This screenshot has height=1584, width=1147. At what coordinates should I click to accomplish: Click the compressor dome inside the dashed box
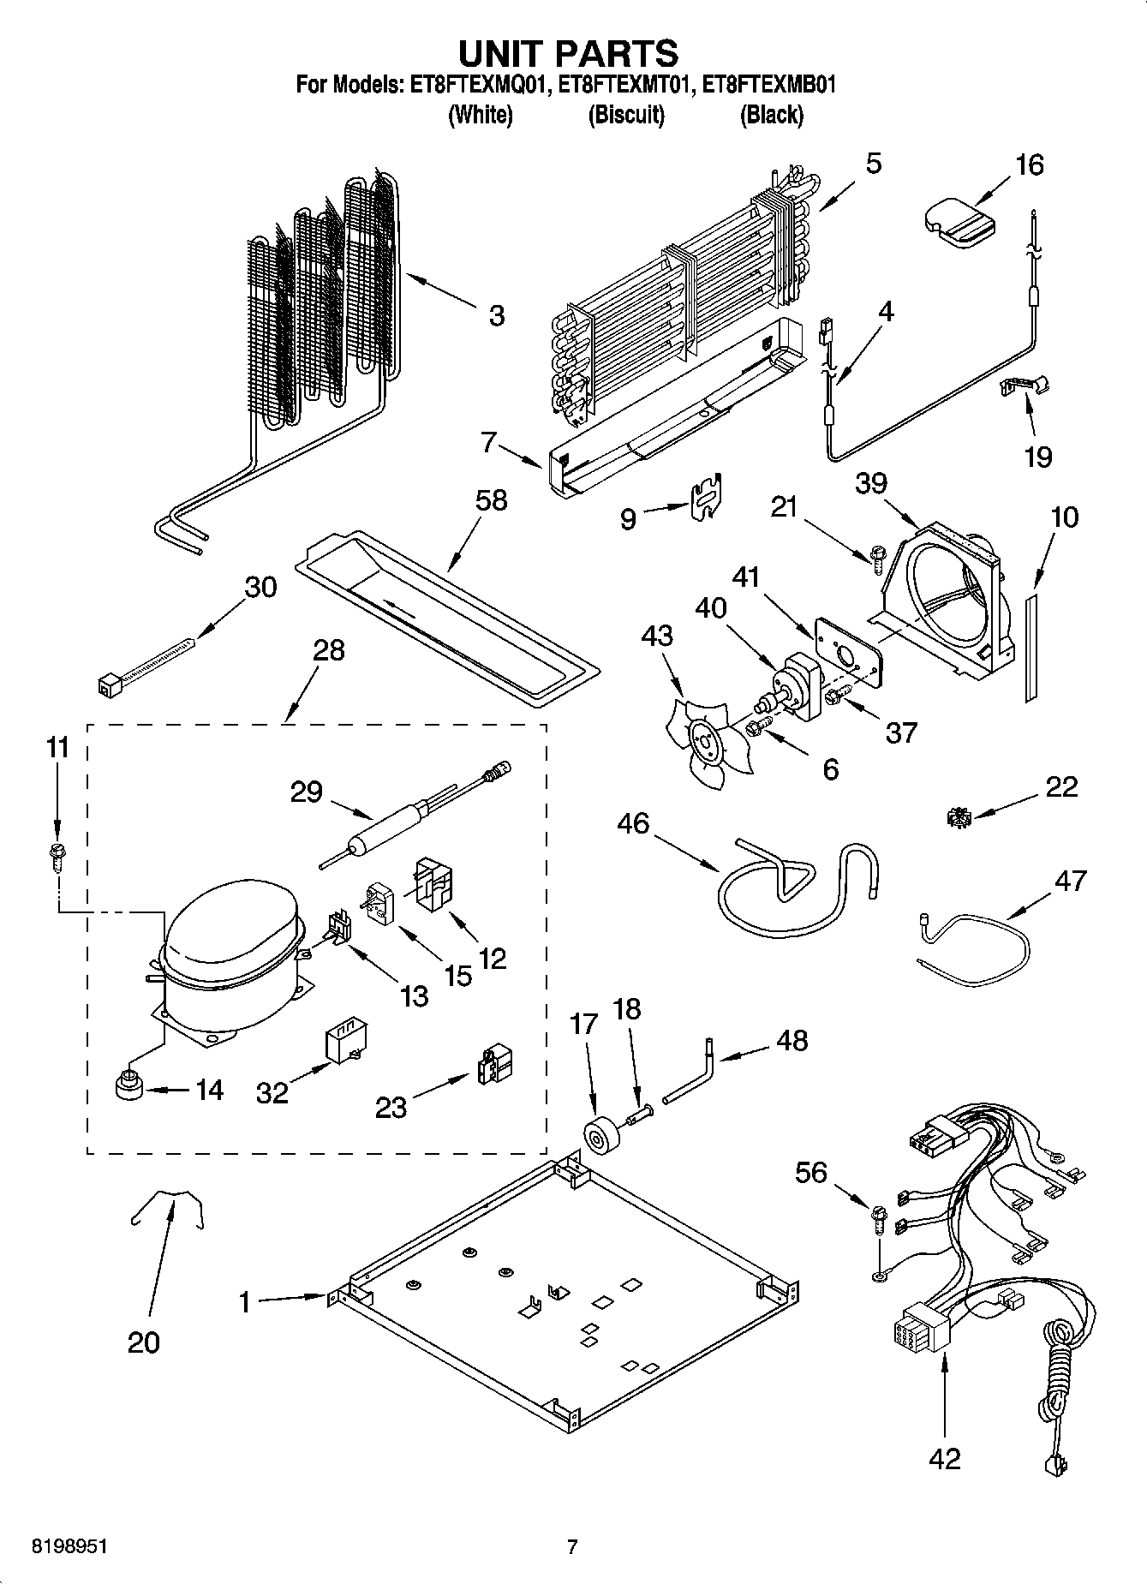pyautogui.click(x=230, y=929)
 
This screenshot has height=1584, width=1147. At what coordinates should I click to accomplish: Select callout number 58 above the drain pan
pyautogui.click(x=491, y=500)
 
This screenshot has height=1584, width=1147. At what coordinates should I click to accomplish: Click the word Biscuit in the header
pyautogui.click(x=626, y=115)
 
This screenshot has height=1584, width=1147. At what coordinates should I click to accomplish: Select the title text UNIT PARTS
pyautogui.click(x=569, y=53)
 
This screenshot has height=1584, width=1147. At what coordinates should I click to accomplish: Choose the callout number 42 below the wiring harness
pyautogui.click(x=945, y=1458)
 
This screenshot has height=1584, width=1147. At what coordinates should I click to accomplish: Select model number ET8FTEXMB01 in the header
pyautogui.click(x=769, y=85)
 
